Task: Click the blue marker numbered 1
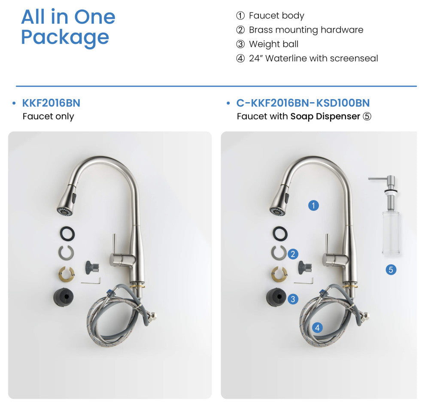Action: pyautogui.click(x=314, y=206)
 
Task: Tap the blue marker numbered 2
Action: pyautogui.click(x=293, y=254)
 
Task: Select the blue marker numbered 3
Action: pyautogui.click(x=293, y=299)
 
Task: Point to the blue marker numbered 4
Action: pyautogui.click(x=317, y=328)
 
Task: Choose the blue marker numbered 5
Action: pyautogui.click(x=391, y=270)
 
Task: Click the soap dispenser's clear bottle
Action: pyautogui.click(x=391, y=233)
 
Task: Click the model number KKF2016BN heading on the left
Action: pyautogui.click(x=51, y=103)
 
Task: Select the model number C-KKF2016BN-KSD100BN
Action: pyautogui.click(x=303, y=103)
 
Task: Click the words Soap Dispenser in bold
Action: pyautogui.click(x=325, y=116)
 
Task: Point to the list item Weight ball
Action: pyautogui.click(x=274, y=44)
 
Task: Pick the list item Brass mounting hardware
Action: pyautogui.click(x=306, y=30)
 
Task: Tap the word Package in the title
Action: pyautogui.click(x=65, y=37)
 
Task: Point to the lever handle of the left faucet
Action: pyautogui.click(x=114, y=244)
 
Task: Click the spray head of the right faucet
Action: pyautogui.click(x=280, y=199)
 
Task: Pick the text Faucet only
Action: pyautogui.click(x=48, y=116)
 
